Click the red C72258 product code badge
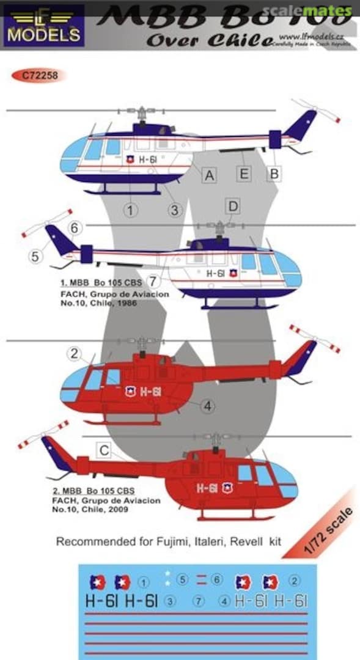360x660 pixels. click(38, 76)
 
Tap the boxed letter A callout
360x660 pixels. click(210, 176)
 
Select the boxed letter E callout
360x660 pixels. click(244, 174)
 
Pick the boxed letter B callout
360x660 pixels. click(274, 174)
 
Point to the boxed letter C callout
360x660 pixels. click(105, 451)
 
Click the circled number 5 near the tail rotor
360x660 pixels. click(35, 257)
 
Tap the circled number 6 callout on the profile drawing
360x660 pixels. click(75, 228)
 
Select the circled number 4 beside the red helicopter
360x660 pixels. click(207, 405)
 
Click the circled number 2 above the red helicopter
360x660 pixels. click(75, 353)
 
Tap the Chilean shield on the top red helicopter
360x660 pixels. click(130, 391)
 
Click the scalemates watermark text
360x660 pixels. click(320, 10)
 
